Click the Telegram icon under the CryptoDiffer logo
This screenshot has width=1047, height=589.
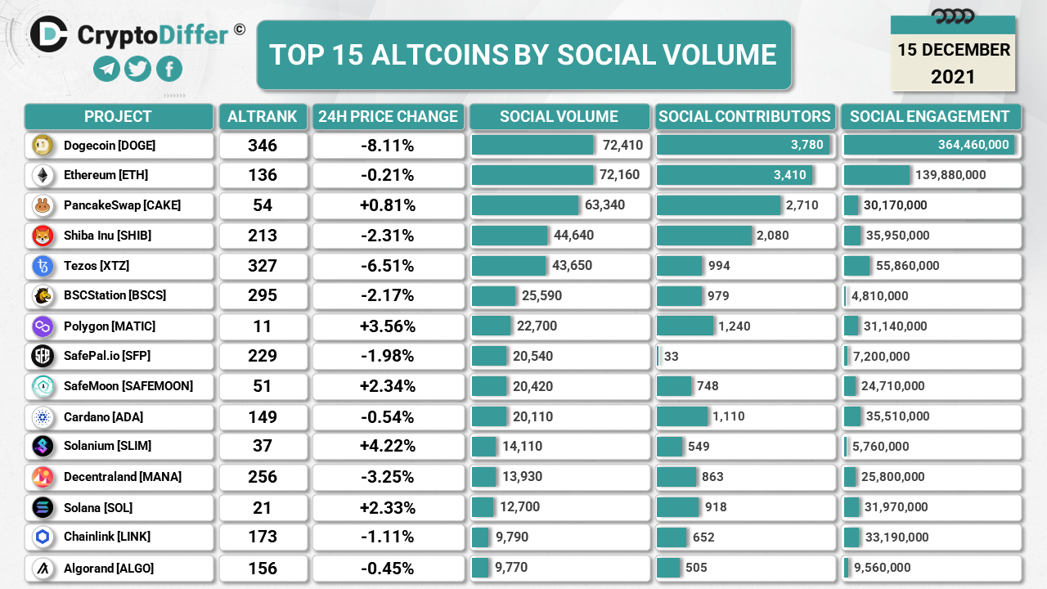(106, 69)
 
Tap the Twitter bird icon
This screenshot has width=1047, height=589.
(137, 69)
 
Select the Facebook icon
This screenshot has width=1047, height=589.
(169, 69)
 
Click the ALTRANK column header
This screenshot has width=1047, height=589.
(263, 116)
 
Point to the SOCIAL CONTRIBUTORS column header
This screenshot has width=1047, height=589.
(744, 116)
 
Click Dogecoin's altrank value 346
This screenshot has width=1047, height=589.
(263, 146)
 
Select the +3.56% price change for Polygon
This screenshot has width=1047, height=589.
(388, 326)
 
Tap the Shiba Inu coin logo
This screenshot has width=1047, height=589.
(43, 236)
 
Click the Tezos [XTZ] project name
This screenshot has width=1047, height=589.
(97, 266)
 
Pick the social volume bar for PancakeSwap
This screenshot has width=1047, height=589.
(525, 205)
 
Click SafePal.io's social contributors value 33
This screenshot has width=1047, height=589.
(672, 356)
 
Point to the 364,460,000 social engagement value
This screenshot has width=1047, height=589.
(973, 145)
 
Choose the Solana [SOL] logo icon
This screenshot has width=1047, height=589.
(43, 507)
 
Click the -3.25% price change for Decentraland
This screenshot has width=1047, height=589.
(388, 477)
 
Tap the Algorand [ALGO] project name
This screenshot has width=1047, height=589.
(109, 568)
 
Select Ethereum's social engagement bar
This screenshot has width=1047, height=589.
(877, 175)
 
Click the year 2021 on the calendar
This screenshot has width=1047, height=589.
(953, 77)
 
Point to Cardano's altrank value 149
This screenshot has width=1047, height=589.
(263, 417)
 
